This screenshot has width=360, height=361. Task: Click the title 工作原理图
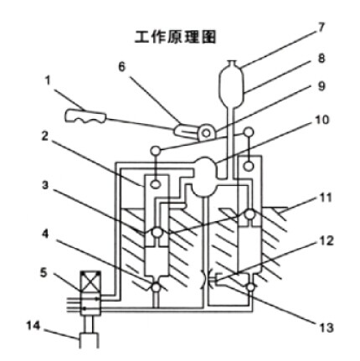click(175, 37)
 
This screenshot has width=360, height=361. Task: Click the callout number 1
click(48, 81)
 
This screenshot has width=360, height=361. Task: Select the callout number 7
click(321, 28)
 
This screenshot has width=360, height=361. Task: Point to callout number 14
click(33, 326)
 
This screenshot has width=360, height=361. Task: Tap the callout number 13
click(325, 327)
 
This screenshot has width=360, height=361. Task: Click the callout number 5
click(44, 273)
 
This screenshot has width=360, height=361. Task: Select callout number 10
click(322, 120)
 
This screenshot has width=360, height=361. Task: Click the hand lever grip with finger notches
click(85, 116)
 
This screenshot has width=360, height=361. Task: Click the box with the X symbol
click(90, 281)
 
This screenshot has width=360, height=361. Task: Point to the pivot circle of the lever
click(206, 133)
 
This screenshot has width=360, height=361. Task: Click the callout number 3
click(45, 185)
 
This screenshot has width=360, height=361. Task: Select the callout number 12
click(326, 240)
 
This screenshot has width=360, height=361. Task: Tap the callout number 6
click(122, 67)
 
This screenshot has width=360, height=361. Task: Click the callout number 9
click(321, 86)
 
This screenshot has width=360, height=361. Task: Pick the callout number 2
click(46, 137)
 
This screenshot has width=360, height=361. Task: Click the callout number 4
click(45, 234)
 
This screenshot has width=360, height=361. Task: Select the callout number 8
click(321, 59)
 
